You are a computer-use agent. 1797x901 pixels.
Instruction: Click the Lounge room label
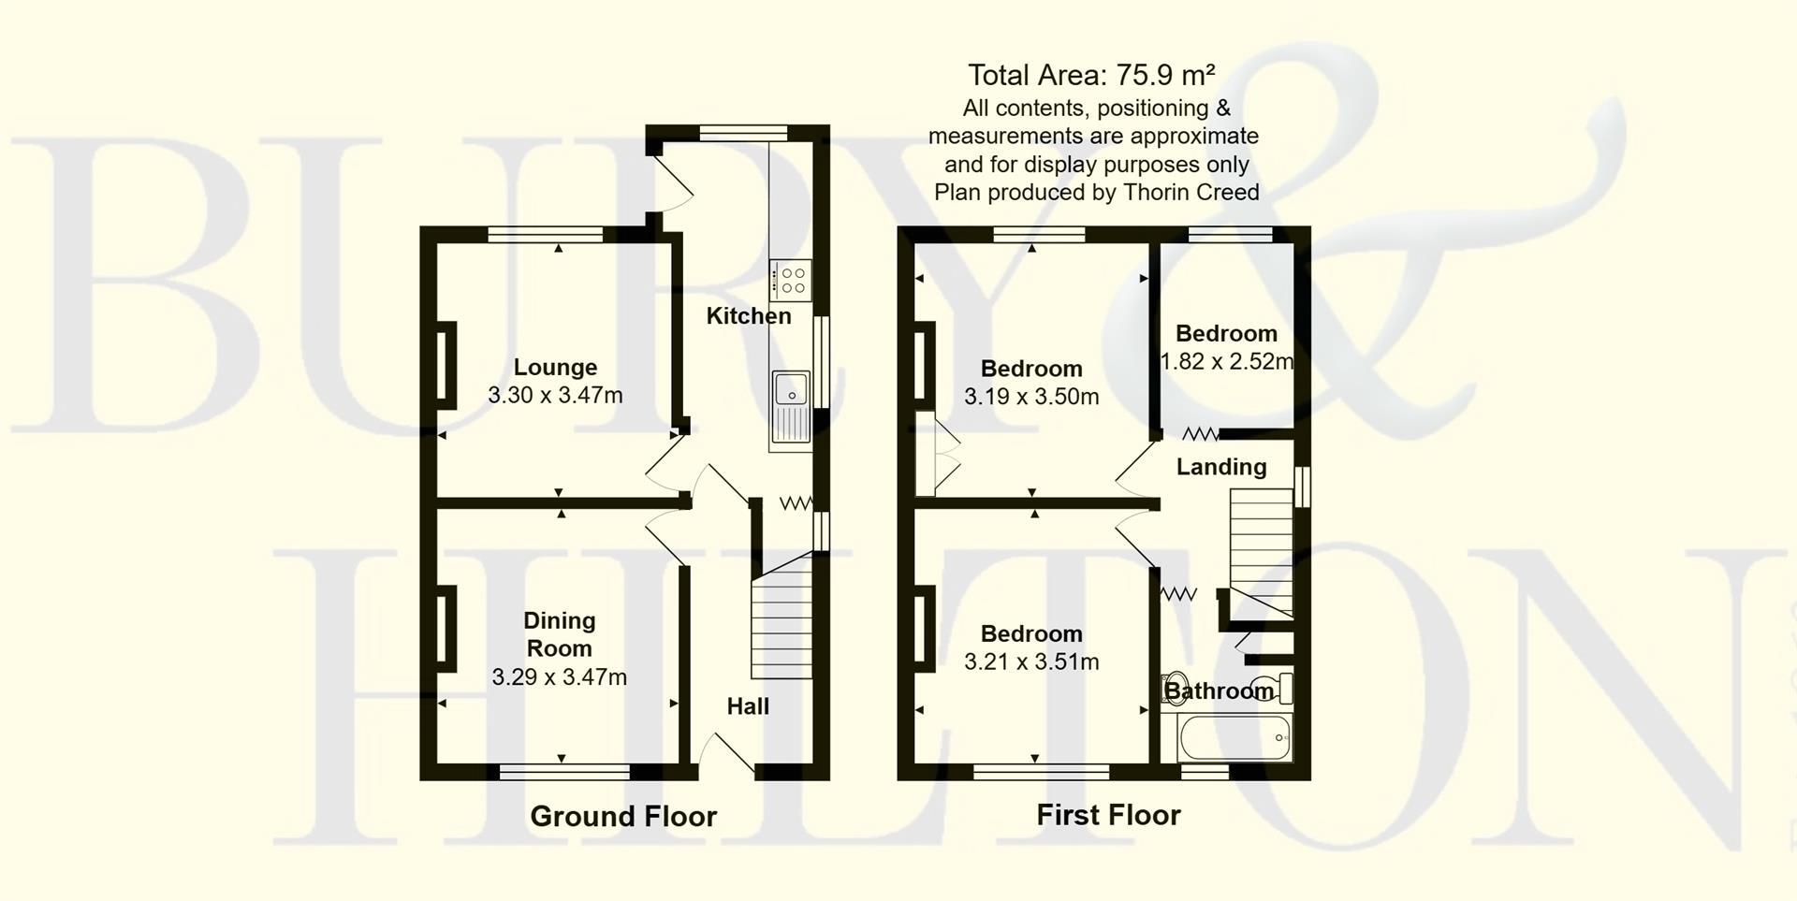point(555,367)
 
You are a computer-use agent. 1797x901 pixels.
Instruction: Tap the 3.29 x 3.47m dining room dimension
point(559,676)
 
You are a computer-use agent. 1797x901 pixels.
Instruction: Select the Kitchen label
point(748,316)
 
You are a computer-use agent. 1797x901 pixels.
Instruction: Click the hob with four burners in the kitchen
point(792,280)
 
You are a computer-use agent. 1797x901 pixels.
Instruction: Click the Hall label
point(748,706)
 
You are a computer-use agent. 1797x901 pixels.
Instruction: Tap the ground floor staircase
point(781,622)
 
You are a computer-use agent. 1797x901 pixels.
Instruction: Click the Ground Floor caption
point(623,816)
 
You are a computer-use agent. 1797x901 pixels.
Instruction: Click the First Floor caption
point(1108,815)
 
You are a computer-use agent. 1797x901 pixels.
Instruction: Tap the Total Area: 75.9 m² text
point(1091,75)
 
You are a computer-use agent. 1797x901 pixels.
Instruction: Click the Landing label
point(1221,467)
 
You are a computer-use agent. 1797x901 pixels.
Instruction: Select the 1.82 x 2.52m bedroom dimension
point(1226,361)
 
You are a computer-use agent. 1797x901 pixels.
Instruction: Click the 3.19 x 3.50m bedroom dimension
point(1031,396)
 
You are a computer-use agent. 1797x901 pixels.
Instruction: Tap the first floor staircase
point(1261,552)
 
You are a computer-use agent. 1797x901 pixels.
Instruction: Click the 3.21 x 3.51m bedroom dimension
point(1031,661)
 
